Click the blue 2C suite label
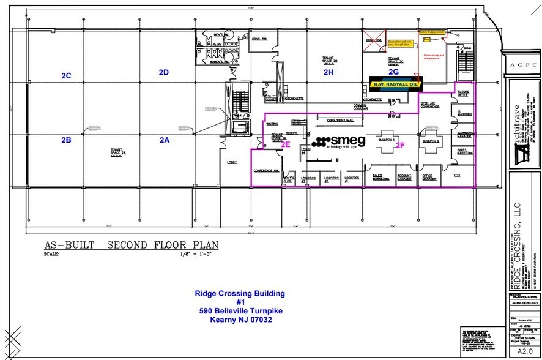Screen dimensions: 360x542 (x=66, y=76)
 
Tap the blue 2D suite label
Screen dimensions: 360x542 (x=164, y=72)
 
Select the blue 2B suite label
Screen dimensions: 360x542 (x=66, y=140)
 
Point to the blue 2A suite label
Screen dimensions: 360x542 (x=164, y=140)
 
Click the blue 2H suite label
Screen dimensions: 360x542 (x=329, y=72)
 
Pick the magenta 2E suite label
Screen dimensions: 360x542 (x=285, y=145)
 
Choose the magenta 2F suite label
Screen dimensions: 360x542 (x=400, y=145)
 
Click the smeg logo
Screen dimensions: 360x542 (x=338, y=141)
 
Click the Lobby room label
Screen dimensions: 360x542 (x=232, y=162)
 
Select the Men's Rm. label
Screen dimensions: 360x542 (x=221, y=36)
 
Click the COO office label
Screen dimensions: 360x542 (x=457, y=174)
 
